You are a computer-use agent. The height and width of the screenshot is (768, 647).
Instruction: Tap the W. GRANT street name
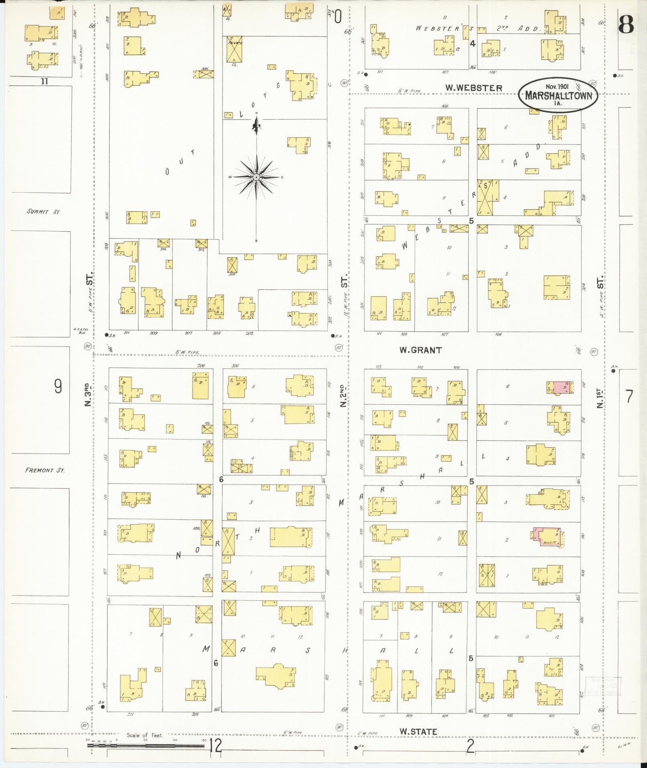click(x=420, y=350)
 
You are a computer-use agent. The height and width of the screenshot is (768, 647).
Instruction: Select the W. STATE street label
click(x=418, y=731)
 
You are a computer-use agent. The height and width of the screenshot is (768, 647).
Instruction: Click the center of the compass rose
click(x=256, y=177)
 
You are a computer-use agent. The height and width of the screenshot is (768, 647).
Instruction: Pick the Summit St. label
click(x=43, y=212)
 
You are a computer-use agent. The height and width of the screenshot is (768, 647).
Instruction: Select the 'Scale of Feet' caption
click(x=144, y=735)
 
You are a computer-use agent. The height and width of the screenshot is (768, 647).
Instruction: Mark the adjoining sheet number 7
click(x=629, y=397)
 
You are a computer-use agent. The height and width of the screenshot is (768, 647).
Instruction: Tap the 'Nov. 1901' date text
click(x=557, y=87)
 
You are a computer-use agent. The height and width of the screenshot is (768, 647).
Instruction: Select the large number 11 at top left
click(x=44, y=81)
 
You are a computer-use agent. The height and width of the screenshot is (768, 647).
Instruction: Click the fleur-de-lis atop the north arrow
click(x=256, y=126)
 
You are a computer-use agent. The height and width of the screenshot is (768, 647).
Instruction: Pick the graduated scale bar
click(x=146, y=746)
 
